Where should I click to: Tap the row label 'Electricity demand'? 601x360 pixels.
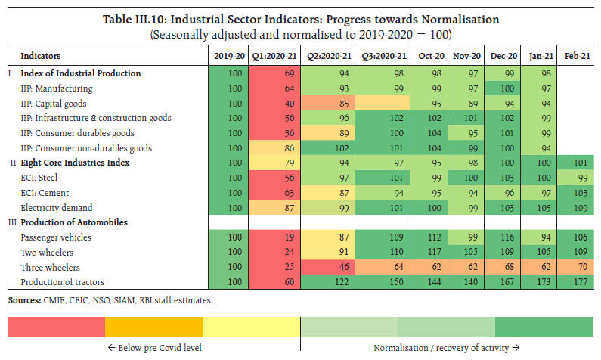pos(57,207)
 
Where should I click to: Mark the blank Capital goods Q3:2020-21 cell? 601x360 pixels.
pos(382,103)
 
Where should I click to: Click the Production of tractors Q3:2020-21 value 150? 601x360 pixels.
pos(382,282)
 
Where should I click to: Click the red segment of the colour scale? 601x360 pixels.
pos(56,327)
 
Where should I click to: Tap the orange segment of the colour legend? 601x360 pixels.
pos(153,327)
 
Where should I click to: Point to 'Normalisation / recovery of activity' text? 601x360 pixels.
pos(447,349)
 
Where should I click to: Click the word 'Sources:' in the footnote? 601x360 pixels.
pos(25,301)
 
